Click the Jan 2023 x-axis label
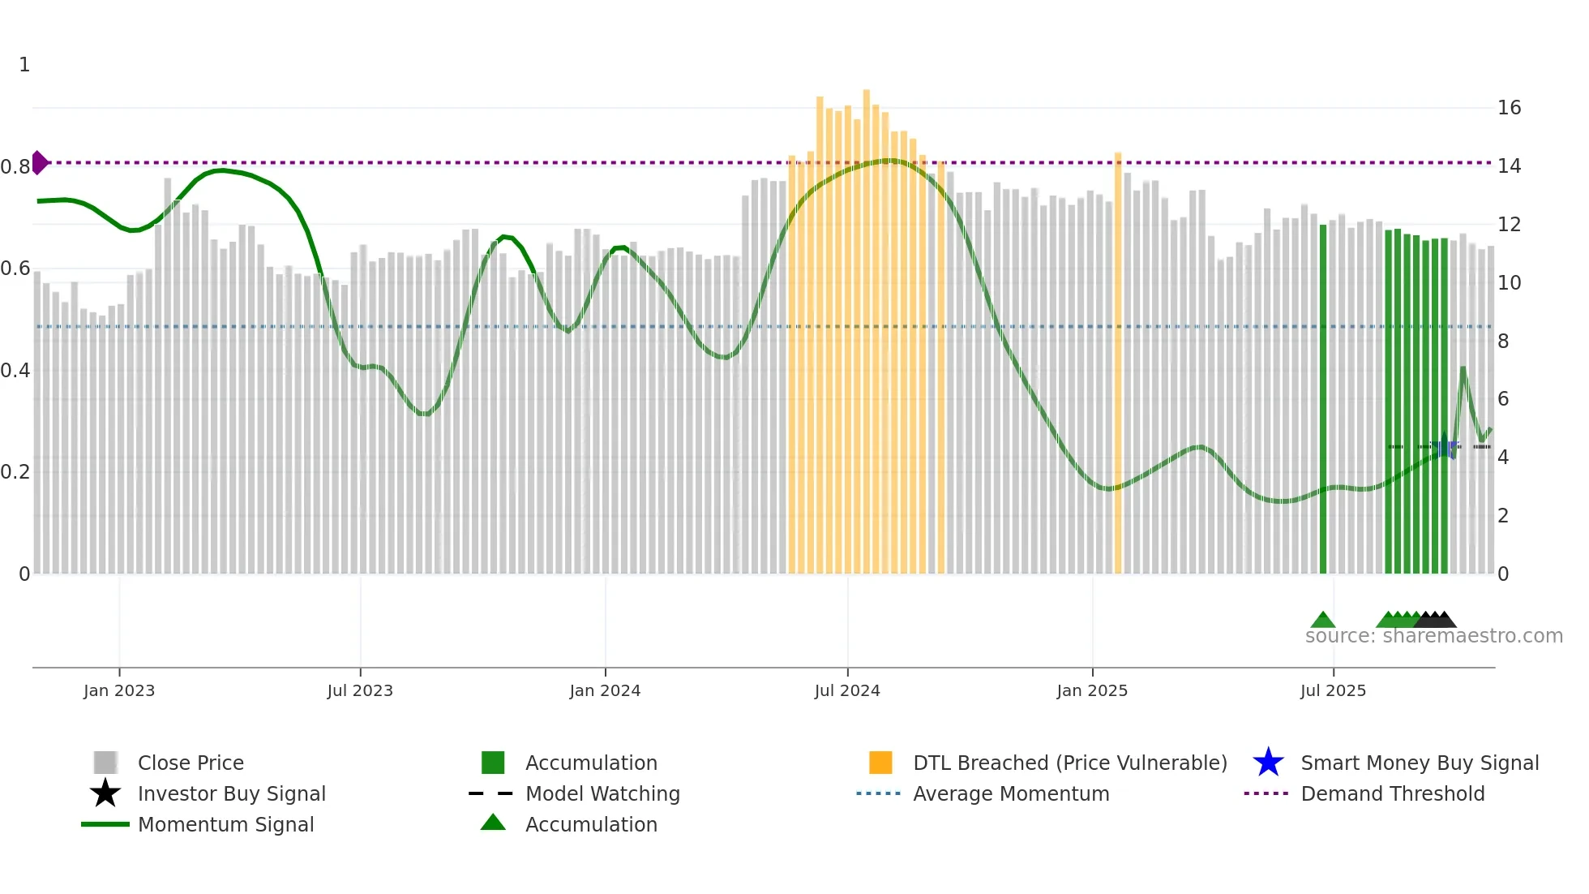tap(118, 690)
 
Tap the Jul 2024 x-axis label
tap(847, 690)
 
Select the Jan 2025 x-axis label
tap(1092, 690)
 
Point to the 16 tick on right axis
tap(1509, 108)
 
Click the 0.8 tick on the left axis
tap(15, 167)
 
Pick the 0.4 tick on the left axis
tap(15, 371)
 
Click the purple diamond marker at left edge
tap(39, 162)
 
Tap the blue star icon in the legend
tap(1268, 763)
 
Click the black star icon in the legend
tap(105, 793)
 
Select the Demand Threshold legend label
tap(1392, 793)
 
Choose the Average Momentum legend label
tap(1011, 793)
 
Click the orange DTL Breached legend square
tap(880, 763)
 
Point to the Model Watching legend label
tap(602, 793)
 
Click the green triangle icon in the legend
tap(493, 823)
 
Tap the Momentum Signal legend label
tap(225, 824)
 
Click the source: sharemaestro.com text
tap(1433, 636)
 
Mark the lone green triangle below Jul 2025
tap(1323, 621)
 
